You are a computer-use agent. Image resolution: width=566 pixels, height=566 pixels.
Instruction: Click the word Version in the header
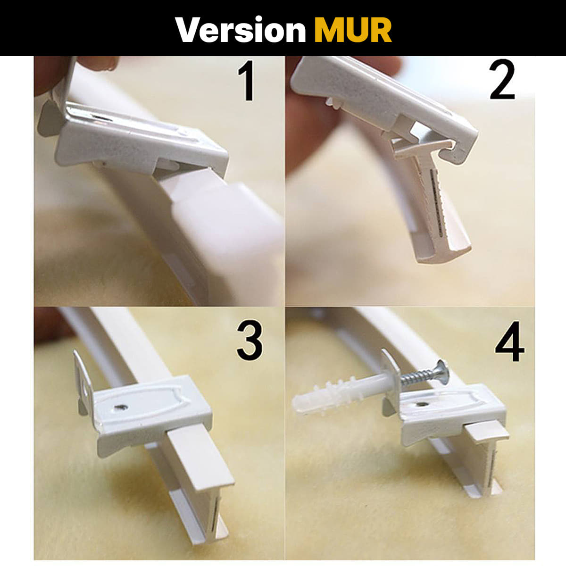[x=241, y=30]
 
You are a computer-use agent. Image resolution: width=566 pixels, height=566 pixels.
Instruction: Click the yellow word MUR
[x=353, y=30]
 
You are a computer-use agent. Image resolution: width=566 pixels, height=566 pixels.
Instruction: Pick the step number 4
[x=509, y=341]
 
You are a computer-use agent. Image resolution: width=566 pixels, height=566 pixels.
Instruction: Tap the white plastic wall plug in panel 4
[x=325, y=399]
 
